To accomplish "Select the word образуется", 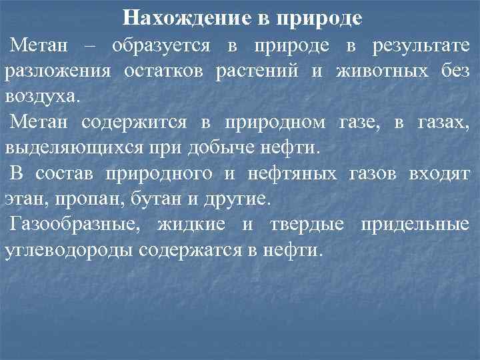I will [x=161, y=46].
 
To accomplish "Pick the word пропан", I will [x=74, y=199].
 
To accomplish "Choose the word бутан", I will [x=139, y=199].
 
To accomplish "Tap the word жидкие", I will [x=195, y=224].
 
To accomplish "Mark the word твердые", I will [x=306, y=224].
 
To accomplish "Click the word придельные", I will [x=414, y=224].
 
